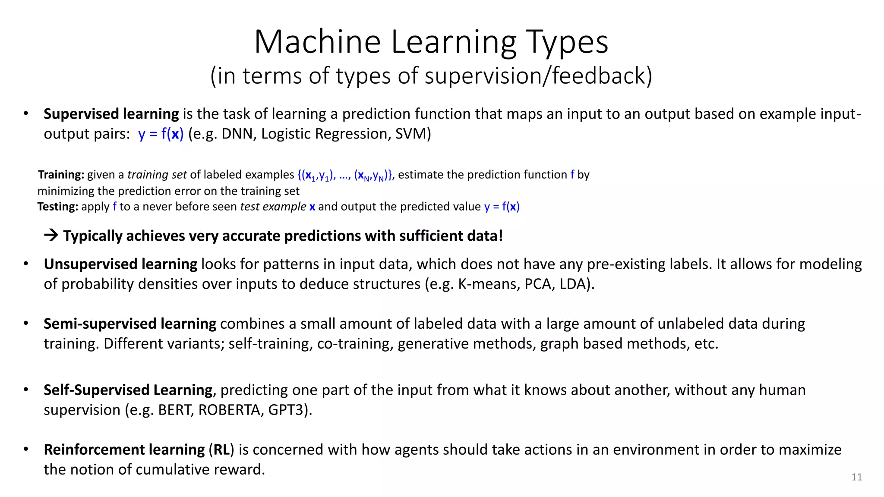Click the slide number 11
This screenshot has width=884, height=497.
(x=857, y=477)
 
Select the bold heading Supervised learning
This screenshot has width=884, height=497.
(x=111, y=114)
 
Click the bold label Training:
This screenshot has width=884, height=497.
(x=61, y=175)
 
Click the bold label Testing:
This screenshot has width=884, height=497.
(x=57, y=207)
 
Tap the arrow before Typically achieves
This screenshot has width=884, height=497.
(x=51, y=236)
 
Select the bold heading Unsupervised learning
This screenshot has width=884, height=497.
(x=120, y=264)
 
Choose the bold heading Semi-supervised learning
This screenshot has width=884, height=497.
(x=130, y=324)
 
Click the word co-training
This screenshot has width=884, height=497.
(x=355, y=344)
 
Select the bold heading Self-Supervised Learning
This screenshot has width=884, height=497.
(x=128, y=390)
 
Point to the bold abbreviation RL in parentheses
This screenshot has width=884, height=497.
(x=221, y=450)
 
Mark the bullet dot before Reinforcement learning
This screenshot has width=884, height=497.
(x=26, y=450)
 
